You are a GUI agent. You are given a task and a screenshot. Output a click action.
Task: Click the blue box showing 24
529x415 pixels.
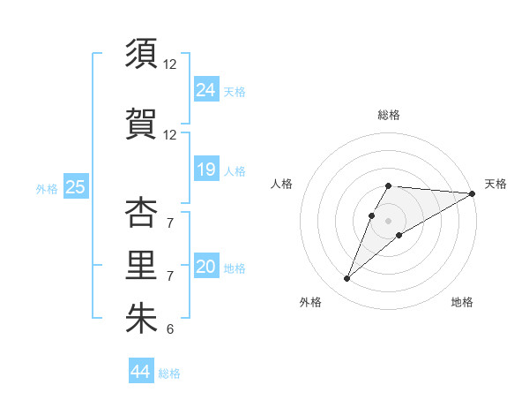(x=206, y=89)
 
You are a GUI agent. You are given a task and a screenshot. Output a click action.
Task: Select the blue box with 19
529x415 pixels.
(x=206, y=169)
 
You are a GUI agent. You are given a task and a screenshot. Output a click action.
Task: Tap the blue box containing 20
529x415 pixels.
(x=206, y=267)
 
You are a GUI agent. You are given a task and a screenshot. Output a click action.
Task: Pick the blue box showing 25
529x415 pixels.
(x=75, y=186)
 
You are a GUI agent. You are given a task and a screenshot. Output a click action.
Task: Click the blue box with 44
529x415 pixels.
(x=140, y=372)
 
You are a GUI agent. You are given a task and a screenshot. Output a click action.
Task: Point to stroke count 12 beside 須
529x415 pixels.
(x=170, y=64)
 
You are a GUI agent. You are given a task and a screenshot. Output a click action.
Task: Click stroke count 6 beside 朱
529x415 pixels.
(x=170, y=329)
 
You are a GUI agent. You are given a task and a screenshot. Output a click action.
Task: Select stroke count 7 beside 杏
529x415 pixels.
(x=170, y=223)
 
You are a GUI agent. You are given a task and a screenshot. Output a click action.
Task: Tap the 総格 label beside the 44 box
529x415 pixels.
(x=169, y=373)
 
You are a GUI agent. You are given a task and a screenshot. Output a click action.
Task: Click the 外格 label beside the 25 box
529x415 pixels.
(x=46, y=188)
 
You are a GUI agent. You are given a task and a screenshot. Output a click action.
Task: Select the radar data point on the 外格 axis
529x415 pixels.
(x=347, y=279)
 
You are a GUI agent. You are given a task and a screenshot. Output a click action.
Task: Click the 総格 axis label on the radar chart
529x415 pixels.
(x=389, y=115)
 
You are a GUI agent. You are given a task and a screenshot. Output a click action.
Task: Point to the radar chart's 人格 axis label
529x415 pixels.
(x=281, y=184)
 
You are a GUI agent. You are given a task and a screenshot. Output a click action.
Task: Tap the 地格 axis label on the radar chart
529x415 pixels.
(x=462, y=302)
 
